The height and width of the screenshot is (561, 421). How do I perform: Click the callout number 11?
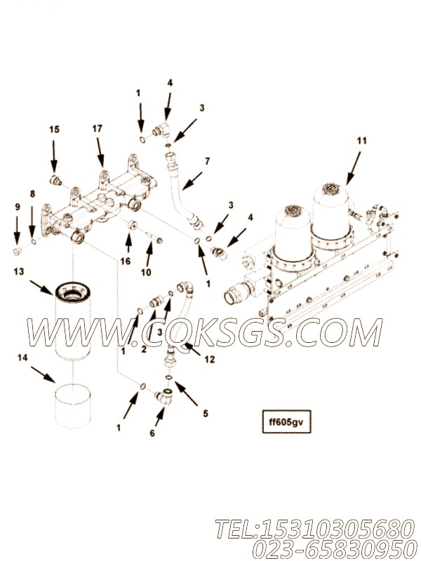362,141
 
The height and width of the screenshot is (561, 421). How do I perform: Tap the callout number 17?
98,128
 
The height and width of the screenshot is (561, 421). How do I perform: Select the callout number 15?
55,129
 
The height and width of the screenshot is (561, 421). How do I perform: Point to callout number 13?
19,271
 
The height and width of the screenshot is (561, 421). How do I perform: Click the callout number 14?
22,358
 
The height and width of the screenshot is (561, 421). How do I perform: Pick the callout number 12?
210,359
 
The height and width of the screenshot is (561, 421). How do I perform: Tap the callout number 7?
207,161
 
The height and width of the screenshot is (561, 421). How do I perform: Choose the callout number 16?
126,262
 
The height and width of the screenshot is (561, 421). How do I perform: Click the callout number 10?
146,272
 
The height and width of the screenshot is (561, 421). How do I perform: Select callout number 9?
17,207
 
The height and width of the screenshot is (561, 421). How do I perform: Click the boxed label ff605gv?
286,421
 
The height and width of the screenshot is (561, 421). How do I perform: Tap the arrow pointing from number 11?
354,168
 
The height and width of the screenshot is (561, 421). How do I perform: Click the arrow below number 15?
54,156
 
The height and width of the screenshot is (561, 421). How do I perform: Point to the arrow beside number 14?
43,374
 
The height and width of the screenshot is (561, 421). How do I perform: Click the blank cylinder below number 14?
73,406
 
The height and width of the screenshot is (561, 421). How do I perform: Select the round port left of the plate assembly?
233,297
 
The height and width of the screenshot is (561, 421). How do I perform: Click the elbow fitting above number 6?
165,394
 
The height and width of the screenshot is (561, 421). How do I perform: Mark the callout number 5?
206,414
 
